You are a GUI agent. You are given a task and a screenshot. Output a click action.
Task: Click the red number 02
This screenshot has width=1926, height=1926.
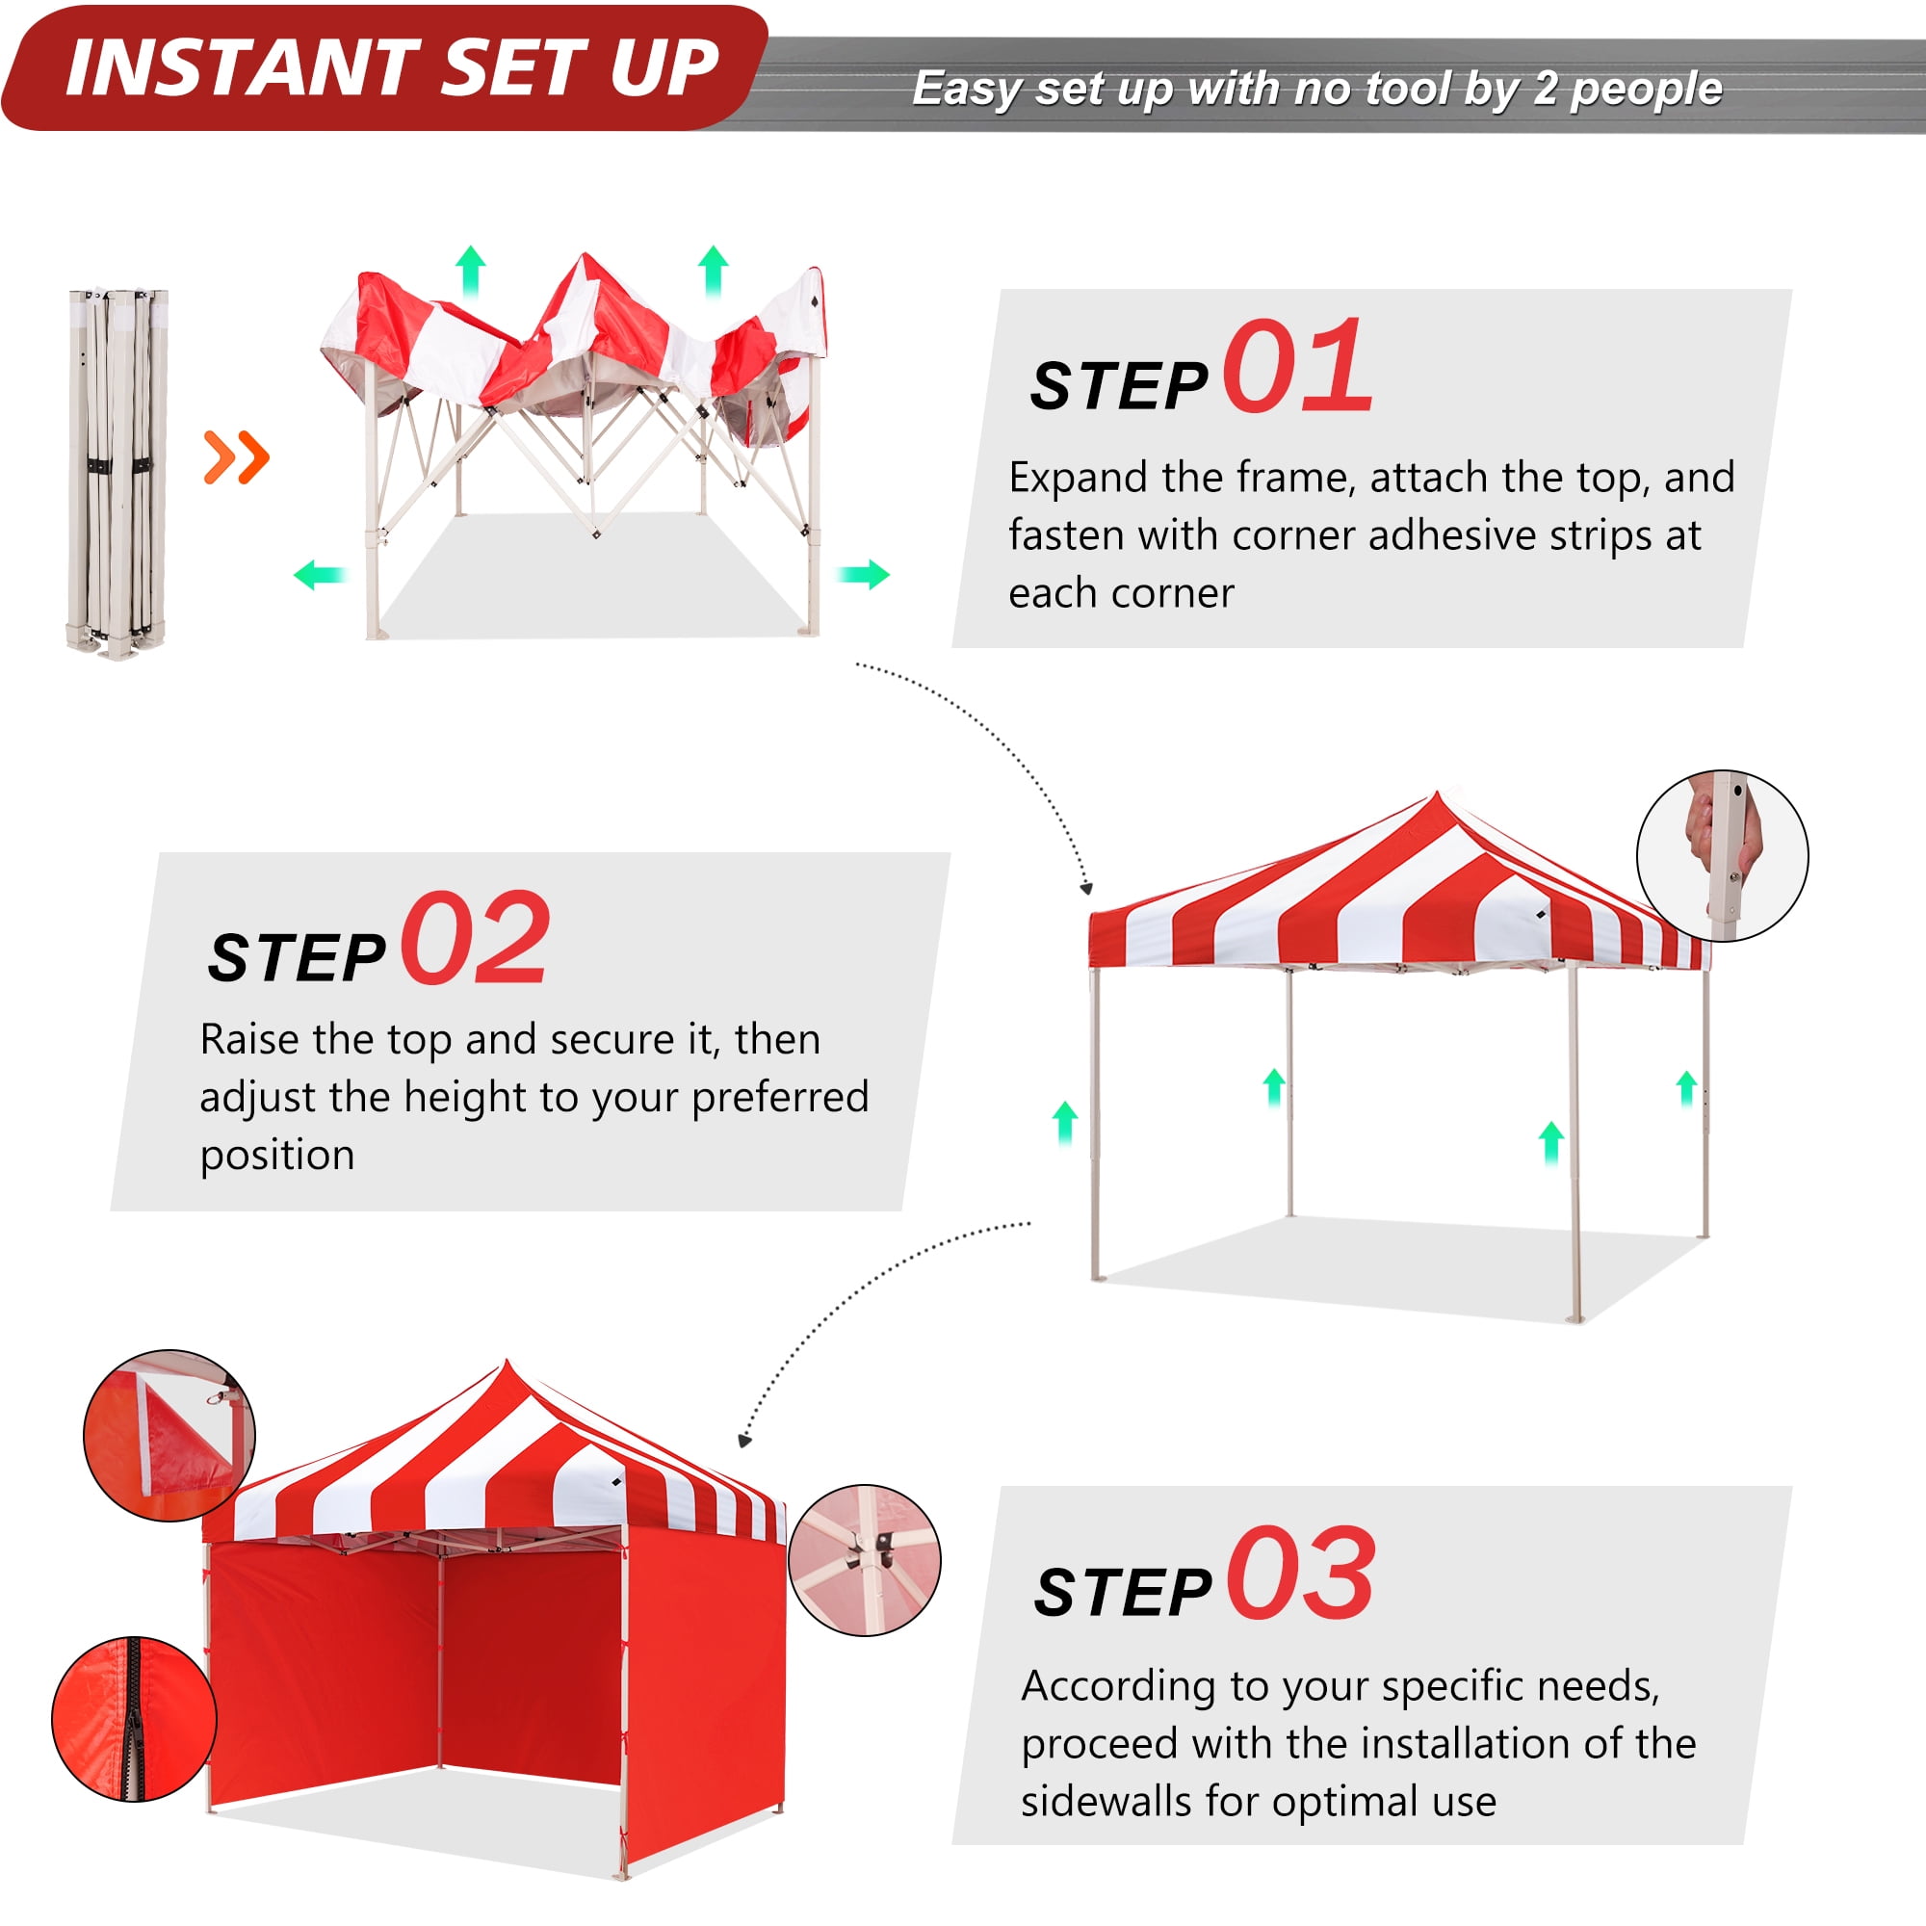[475, 938]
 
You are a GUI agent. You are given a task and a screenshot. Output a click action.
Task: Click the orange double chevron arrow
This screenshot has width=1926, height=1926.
[236, 457]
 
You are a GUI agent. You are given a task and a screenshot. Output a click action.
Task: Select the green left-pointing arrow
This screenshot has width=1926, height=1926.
[319, 574]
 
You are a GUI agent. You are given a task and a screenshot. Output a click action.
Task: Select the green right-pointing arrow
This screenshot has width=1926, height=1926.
[863, 574]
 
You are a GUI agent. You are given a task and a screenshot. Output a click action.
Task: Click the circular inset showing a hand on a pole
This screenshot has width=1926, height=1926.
[1722, 855]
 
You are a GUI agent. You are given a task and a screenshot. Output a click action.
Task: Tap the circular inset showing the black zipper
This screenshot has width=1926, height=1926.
[134, 1719]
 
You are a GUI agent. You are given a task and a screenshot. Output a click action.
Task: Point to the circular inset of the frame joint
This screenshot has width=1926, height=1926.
[865, 1559]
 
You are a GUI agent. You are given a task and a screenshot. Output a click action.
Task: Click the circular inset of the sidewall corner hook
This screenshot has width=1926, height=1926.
[169, 1436]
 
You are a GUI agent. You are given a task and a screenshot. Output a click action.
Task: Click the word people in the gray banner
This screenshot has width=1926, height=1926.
[1646, 90]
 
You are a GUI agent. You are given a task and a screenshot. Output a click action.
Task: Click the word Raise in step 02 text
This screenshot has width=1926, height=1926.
[249, 1040]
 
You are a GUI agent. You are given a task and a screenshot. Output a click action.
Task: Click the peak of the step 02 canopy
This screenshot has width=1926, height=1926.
[1437, 795]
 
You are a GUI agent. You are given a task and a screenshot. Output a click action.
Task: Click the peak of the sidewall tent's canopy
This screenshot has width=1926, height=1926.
[507, 1363]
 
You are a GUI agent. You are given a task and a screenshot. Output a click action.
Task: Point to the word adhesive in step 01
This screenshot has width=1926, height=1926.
[1438, 535]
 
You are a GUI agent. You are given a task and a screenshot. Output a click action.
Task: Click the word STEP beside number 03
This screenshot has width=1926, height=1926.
[1123, 1591]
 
